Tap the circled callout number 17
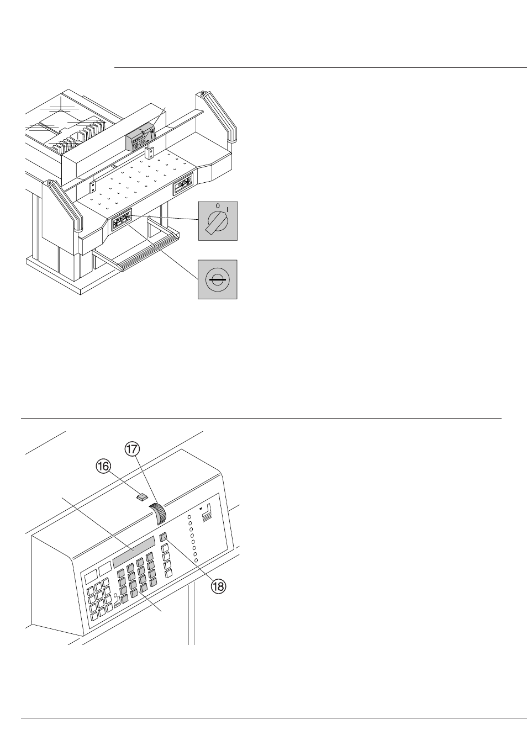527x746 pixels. [x=132, y=449]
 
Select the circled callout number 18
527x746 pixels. [x=218, y=586]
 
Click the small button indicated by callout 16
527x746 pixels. [x=142, y=497]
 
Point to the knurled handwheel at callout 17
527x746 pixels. [x=159, y=514]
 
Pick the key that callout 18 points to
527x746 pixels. [x=163, y=537]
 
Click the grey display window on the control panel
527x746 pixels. [x=134, y=552]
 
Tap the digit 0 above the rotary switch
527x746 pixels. [x=218, y=205]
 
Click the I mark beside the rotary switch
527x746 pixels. [x=228, y=209]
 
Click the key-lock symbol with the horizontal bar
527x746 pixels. [x=218, y=280]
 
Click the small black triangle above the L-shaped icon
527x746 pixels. [x=201, y=509]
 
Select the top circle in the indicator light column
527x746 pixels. [x=189, y=517]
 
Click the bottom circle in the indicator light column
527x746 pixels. [x=196, y=560]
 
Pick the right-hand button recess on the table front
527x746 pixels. [x=183, y=184]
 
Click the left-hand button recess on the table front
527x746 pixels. [x=122, y=219]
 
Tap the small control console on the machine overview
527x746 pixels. [x=140, y=138]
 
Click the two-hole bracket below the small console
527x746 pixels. [x=150, y=154]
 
